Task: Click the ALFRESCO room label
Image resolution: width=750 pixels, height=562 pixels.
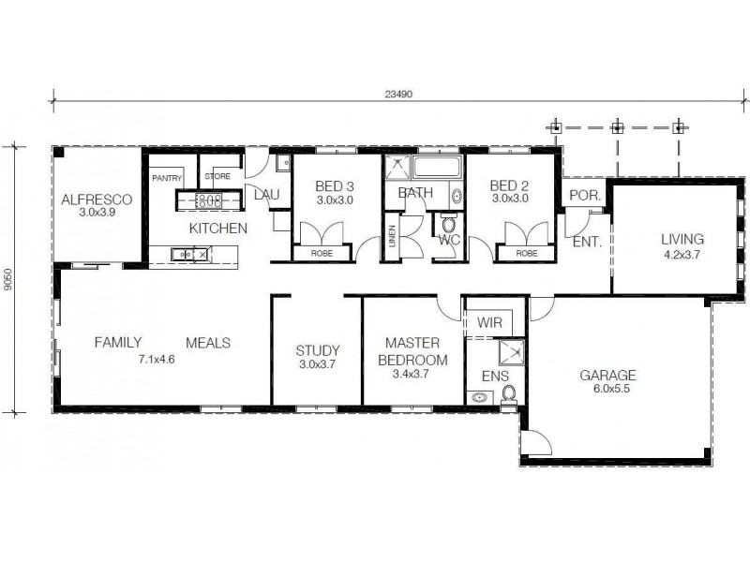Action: (x=97, y=199)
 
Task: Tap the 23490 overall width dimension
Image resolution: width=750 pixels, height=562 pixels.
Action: (x=398, y=94)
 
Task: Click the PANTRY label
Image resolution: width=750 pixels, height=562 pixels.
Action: (x=166, y=176)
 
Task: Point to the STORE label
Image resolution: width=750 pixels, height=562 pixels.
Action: (x=217, y=176)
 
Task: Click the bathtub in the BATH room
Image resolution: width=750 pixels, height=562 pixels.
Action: (x=436, y=170)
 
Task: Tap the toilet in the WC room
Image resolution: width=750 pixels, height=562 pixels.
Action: (x=448, y=225)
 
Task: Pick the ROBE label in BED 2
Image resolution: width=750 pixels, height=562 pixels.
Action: (x=526, y=253)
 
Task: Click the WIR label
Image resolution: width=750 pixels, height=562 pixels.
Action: (x=490, y=323)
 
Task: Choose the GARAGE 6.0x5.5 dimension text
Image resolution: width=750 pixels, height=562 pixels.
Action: (x=607, y=388)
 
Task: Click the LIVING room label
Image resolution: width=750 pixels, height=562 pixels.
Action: (x=682, y=238)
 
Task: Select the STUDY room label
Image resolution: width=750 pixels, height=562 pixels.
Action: (x=317, y=350)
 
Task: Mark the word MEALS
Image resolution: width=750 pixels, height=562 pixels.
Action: (x=207, y=343)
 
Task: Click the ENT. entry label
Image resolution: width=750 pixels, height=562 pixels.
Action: (x=588, y=241)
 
